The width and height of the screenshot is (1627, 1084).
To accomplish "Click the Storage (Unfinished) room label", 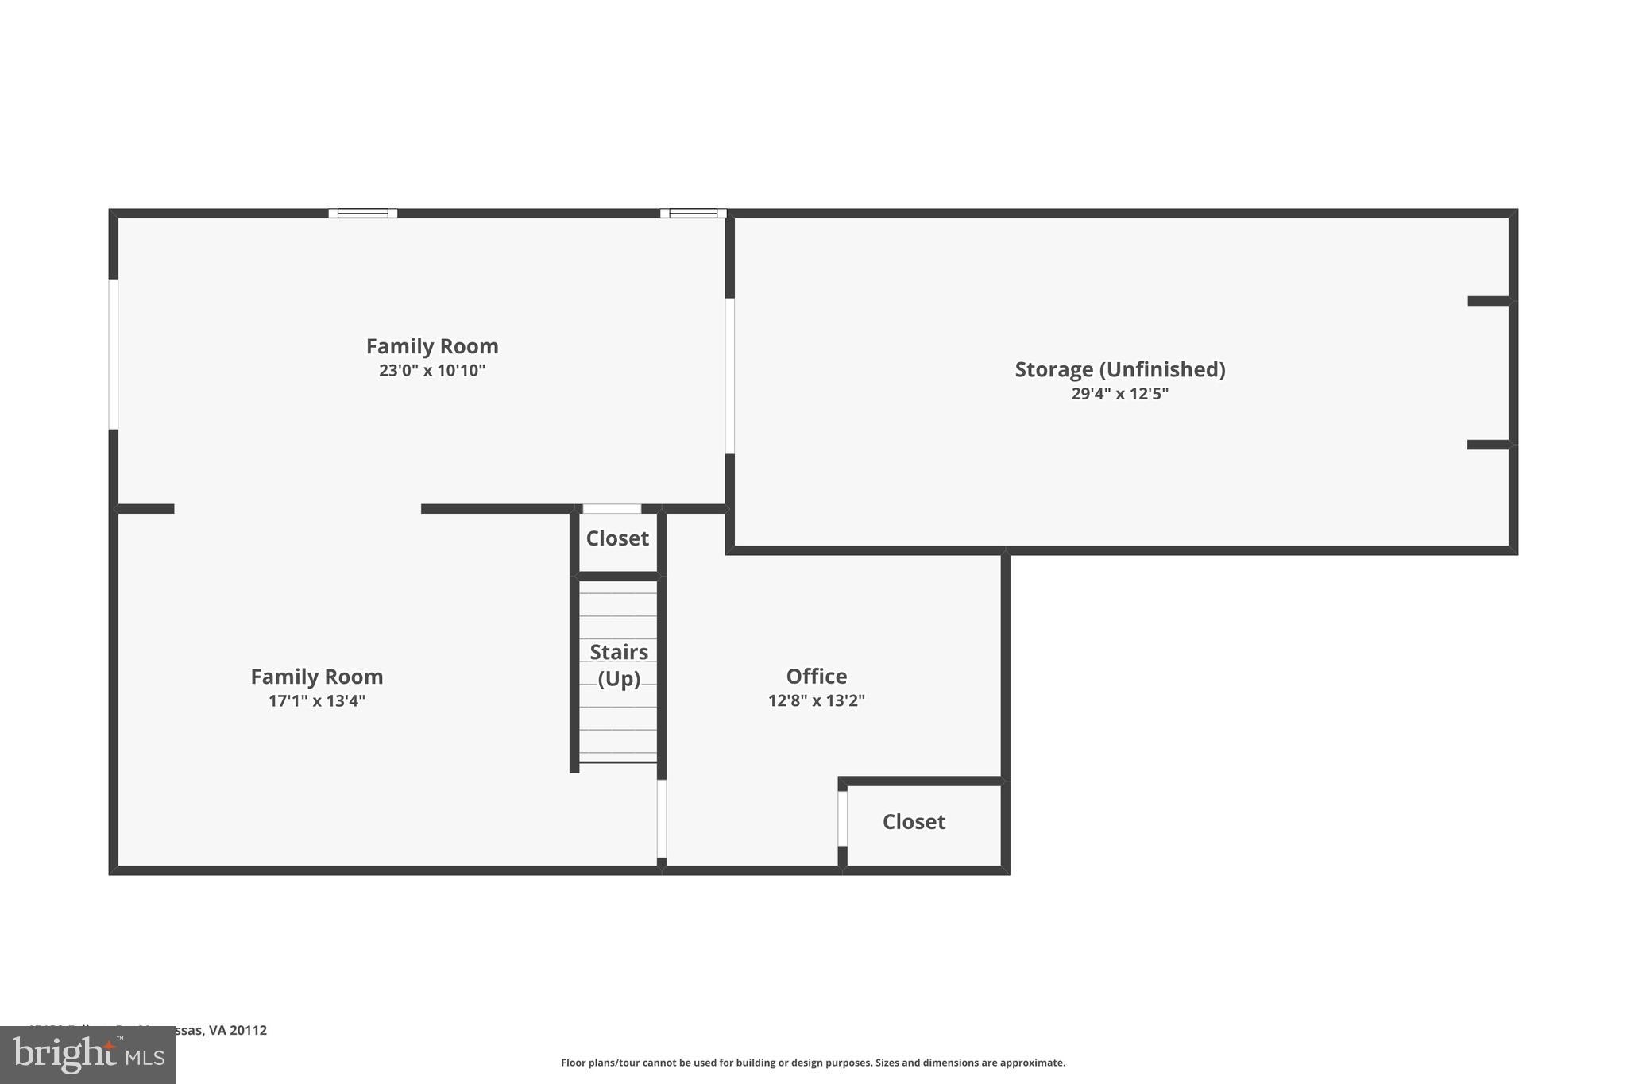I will click(1119, 369).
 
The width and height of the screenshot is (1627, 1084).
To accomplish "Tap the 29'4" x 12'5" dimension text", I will click(1119, 394).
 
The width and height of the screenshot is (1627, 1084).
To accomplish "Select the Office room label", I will click(816, 677).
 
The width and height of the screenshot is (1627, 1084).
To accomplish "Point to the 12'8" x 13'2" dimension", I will click(816, 700).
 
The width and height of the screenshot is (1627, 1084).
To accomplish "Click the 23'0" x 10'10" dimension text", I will click(431, 371).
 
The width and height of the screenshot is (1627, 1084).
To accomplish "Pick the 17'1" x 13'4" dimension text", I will click(316, 701).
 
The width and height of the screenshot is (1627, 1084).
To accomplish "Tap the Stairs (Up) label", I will click(618, 665).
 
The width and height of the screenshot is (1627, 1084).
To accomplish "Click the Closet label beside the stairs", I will click(617, 538).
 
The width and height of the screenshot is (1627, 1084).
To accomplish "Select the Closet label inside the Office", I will click(914, 822).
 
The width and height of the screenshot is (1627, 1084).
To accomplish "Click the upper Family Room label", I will click(431, 346).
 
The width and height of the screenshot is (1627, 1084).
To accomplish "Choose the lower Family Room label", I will click(316, 677).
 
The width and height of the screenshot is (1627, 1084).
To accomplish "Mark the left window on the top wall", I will click(363, 213).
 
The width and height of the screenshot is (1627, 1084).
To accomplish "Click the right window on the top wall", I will click(693, 213).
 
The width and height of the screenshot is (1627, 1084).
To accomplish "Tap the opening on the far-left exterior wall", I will click(114, 354).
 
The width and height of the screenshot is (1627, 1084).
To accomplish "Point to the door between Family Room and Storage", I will click(729, 376).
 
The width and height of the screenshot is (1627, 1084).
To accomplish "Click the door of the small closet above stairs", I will click(612, 509).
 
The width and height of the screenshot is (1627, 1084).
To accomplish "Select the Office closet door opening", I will click(842, 818).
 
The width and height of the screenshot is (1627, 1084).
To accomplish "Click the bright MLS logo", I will click(88, 1055).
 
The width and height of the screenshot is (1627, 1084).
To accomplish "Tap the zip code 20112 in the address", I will click(248, 1030).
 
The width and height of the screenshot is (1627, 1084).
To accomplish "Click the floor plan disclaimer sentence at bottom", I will click(813, 1063).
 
